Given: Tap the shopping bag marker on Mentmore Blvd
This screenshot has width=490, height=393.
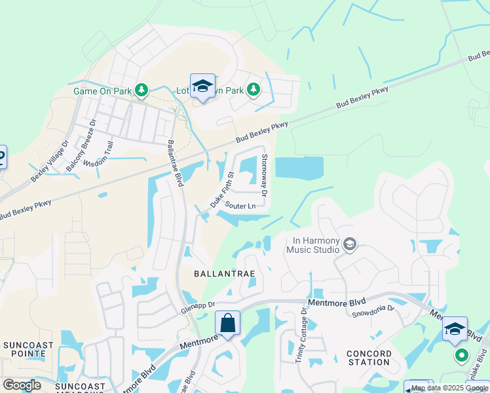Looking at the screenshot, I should (x=227, y=324).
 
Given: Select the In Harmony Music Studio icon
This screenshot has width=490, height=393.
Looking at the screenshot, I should (x=350, y=245).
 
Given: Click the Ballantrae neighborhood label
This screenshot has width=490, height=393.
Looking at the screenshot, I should (x=223, y=272).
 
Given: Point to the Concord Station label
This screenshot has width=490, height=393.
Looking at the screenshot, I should (x=369, y=358).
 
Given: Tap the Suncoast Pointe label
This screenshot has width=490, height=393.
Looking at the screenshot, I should (x=24, y=349).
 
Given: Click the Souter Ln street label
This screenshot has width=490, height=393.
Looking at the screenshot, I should (x=240, y=206).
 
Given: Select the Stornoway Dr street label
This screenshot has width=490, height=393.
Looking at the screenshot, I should (x=265, y=176).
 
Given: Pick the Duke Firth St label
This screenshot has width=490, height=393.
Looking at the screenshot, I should (x=222, y=190).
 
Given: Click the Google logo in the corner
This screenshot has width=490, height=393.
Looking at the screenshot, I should (x=22, y=385).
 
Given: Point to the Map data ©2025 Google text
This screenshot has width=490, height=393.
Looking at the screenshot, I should (x=449, y=388).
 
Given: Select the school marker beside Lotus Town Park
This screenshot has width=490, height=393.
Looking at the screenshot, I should (x=203, y=86).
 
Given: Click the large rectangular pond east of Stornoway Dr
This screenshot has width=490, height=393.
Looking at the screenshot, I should (x=299, y=168).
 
